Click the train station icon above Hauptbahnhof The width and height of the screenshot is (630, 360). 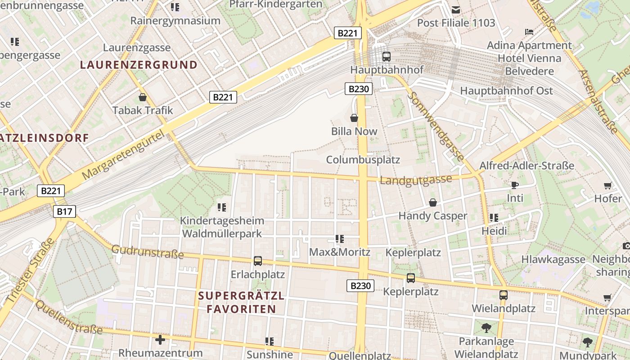tap(386, 57)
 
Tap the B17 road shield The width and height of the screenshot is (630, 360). tap(65, 211)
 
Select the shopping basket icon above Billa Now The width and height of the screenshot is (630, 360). tap(354, 118)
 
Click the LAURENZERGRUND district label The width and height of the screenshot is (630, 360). tap(139, 65)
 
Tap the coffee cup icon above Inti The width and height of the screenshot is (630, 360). tap(515, 185)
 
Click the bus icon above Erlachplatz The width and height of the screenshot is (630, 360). tap(258, 261)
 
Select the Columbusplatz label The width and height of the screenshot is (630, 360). tap(363, 160)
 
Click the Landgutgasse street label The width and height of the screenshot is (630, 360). tap(416, 180)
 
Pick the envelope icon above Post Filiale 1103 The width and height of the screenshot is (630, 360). tap(456, 10)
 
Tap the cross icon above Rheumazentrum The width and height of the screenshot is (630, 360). tap(160, 339)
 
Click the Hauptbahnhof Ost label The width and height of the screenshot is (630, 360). tap(506, 91)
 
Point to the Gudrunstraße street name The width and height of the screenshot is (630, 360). tap(148, 252)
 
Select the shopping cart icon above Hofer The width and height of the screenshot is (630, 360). tap(607, 185)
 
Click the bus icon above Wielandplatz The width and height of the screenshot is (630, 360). tap(503, 295)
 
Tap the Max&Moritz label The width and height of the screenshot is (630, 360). tap(339, 252)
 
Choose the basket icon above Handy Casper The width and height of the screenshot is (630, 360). tap(432, 202)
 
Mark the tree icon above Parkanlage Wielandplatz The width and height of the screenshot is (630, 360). tap(486, 327)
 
